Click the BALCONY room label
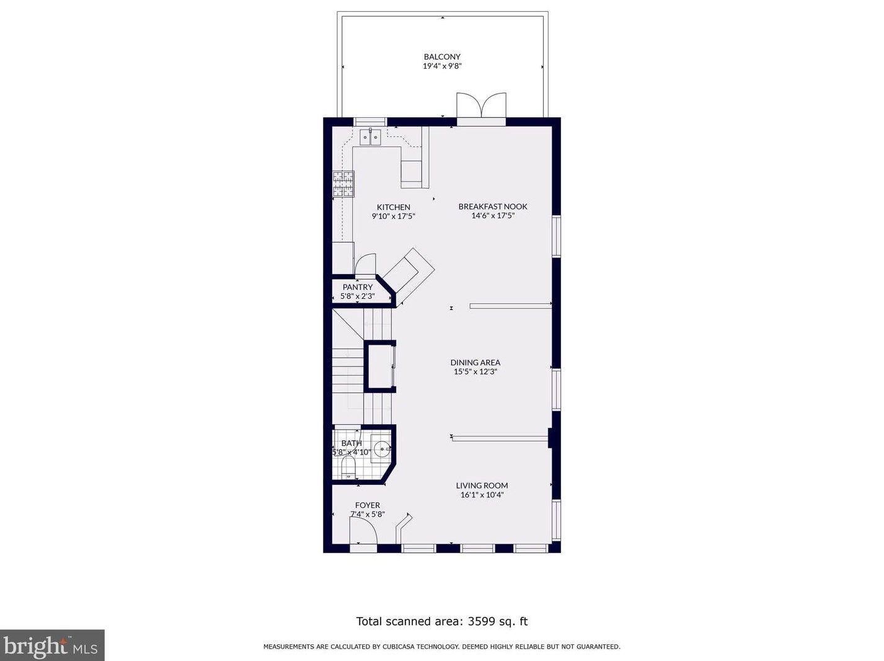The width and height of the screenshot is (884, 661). (x=442, y=57)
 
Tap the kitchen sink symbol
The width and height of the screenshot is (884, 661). (x=370, y=136)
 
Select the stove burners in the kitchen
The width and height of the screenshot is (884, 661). (x=343, y=184)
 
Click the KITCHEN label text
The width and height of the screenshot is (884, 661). (x=394, y=207)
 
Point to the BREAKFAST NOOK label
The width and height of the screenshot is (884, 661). (x=493, y=206)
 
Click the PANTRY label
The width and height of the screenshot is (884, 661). (x=358, y=287)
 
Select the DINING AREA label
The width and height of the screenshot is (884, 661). (x=475, y=363)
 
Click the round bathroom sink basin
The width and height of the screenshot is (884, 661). (x=381, y=448)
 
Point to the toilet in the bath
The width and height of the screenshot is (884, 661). (x=348, y=468)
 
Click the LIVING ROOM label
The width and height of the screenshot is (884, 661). (x=482, y=486)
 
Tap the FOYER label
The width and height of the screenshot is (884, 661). (x=367, y=505)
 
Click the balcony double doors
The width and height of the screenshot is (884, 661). (x=481, y=105)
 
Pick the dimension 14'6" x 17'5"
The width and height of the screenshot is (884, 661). (x=493, y=216)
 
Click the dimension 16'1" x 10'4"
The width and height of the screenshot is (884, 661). (x=482, y=495)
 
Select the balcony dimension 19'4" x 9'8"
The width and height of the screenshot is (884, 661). (x=442, y=66)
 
